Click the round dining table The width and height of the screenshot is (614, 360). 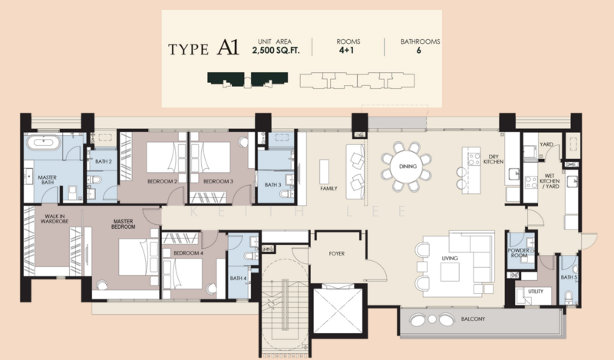tap(407, 166)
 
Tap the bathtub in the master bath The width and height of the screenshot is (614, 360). tap(42, 142)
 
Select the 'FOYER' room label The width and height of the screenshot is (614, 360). tap(336, 253)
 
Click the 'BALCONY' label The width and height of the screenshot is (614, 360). tap(473, 319)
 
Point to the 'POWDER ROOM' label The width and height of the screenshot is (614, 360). tap(518, 253)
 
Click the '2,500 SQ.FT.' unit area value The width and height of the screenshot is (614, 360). tap(276, 50)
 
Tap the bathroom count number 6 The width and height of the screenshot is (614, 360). tap(418, 50)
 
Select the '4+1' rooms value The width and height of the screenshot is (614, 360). tap(347, 50)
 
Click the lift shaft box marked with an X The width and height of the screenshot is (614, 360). tap(338, 311)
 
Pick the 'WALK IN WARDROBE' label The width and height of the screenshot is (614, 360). tap(54, 219)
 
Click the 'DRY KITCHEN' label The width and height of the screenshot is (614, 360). tap(493, 159)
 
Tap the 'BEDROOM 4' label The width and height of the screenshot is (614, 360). tap(188, 253)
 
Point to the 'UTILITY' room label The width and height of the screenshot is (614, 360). tap(535, 291)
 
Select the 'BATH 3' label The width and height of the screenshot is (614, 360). tap(272, 184)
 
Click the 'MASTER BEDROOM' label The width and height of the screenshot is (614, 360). tap(123, 223)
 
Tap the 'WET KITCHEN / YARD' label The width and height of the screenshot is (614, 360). tap(550, 181)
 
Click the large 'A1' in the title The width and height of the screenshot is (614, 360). tap(227, 47)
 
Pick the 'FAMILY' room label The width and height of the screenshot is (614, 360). tap(328, 188)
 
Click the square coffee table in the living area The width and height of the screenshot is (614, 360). tap(450, 272)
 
